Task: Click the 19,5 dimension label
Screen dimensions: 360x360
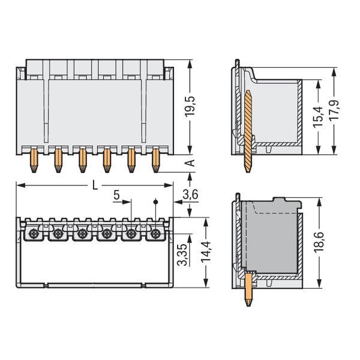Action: (190, 106)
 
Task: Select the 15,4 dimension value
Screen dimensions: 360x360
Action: (318, 117)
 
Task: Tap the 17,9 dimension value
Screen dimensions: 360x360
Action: (334, 110)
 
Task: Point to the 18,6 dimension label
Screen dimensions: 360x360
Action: (319, 242)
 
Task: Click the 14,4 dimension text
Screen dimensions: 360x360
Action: (206, 251)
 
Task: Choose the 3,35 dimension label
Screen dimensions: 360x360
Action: (183, 254)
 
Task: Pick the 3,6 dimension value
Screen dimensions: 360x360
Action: (190, 195)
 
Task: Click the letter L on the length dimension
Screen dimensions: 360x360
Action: (95, 185)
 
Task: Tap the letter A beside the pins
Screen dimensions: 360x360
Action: (190, 163)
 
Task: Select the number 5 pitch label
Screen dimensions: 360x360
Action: (116, 196)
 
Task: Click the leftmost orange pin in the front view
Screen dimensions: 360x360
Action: (34, 160)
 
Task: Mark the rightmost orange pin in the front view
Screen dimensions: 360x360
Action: (155, 160)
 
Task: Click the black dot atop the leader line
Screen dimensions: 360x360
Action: (155, 202)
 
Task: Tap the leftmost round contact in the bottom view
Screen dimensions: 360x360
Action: (34, 234)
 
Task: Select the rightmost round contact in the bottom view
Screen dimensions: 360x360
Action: (155, 234)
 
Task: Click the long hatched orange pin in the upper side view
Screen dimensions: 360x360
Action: (248, 131)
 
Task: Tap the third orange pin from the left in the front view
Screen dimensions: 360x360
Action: (83, 160)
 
